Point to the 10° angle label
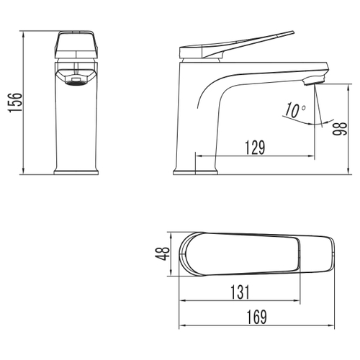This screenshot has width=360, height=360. click(x=294, y=110)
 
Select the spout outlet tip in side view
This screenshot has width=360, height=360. click(x=314, y=81)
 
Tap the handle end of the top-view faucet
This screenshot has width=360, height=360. click(x=328, y=253)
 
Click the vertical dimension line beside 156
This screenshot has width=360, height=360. click(x=24, y=102)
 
